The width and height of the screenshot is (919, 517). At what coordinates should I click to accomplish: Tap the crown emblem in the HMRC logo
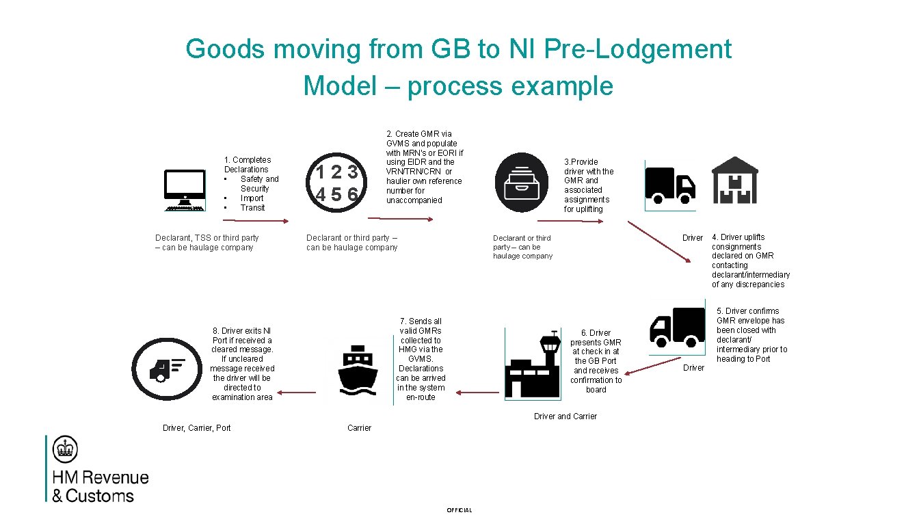[66, 449]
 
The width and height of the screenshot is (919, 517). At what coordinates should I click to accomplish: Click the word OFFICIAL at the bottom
[459, 510]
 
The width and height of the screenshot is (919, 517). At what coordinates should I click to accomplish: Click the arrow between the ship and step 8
[297, 393]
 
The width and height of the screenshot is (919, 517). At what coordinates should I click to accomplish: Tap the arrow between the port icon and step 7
[477, 393]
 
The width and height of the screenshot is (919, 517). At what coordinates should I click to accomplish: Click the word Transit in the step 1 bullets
[252, 208]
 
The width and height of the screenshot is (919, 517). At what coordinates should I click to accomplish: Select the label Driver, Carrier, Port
[196, 428]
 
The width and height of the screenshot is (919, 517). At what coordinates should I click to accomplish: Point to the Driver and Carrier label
[565, 416]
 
